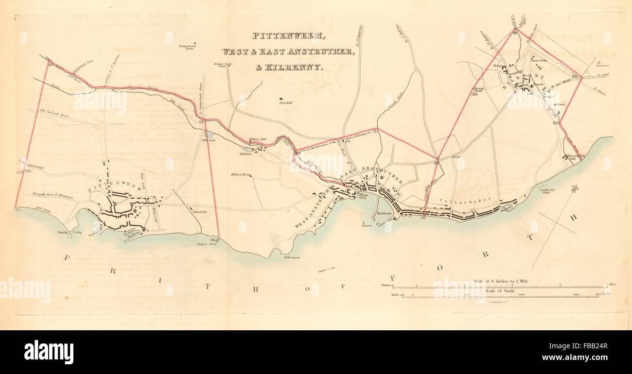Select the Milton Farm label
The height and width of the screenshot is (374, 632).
pyautogui.click(x=240, y=174)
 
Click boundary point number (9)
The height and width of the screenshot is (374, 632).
pyautogui.click(x=423, y=217)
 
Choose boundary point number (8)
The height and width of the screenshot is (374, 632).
pyautogui.click(x=436, y=163)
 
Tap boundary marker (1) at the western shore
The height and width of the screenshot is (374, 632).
pyautogui.click(x=18, y=210)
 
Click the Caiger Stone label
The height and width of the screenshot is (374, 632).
pyautogui.click(x=206, y=243)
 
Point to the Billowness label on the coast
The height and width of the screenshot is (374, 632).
pyautogui.click(x=292, y=257)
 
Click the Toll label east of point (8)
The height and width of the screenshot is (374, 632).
pyautogui.click(x=456, y=157)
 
